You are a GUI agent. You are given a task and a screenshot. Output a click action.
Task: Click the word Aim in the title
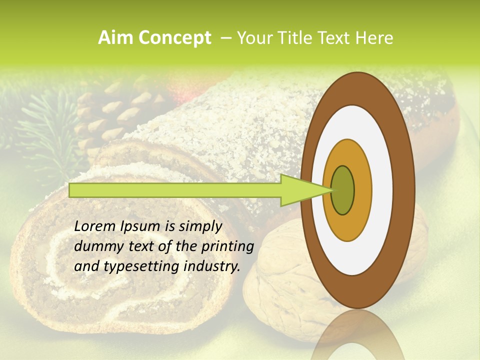(115, 38)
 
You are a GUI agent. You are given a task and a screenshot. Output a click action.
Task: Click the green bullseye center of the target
(342, 190)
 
